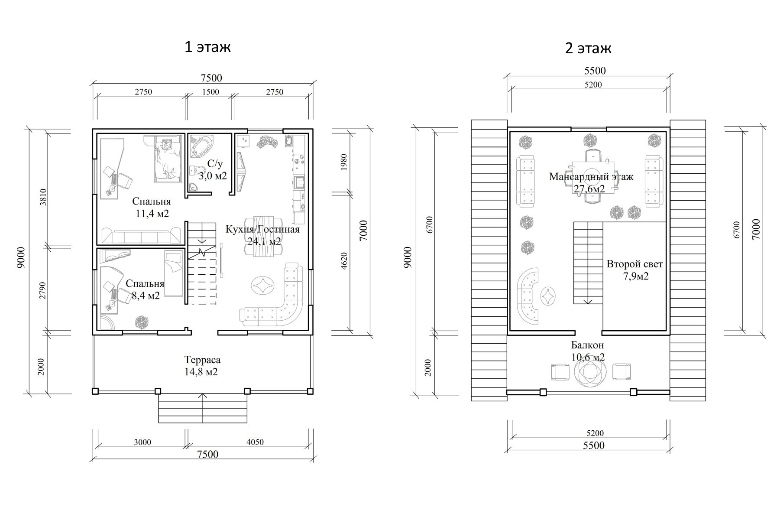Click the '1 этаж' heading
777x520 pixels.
pyautogui.click(x=207, y=47)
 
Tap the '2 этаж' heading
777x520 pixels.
pyautogui.click(x=588, y=48)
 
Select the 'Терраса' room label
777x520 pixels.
pyautogui.click(x=202, y=360)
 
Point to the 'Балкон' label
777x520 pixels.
pyautogui.click(x=587, y=345)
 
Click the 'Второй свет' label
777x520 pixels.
pyautogui.click(x=635, y=264)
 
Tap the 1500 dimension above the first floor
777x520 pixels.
pyautogui.click(x=210, y=92)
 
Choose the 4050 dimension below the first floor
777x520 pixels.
pyautogui.click(x=255, y=442)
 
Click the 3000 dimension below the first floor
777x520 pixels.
pyautogui.click(x=142, y=442)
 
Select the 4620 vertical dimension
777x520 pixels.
pyautogui.click(x=344, y=261)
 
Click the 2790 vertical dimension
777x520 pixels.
pyautogui.click(x=42, y=290)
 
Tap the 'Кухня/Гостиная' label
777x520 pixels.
pyautogui.click(x=262, y=229)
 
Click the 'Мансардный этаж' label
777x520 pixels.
pyautogui.click(x=591, y=177)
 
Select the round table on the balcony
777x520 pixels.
pyautogui.click(x=588, y=371)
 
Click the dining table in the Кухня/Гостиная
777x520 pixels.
pyautogui.click(x=262, y=237)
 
